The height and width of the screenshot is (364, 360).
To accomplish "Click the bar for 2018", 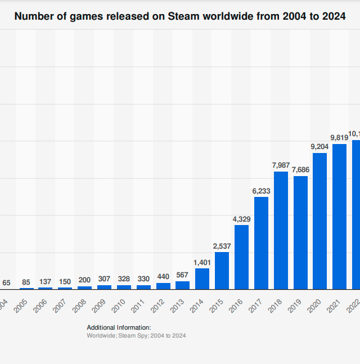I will pos(281,230).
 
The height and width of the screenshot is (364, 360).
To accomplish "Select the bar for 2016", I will pos(241,257).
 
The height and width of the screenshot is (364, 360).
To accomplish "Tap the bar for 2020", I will pos(319,221).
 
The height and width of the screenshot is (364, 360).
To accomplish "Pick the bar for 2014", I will pos(202,278).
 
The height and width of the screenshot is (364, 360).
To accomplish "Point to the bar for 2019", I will pos(300,232).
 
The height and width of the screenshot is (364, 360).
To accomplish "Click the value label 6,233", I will pos(261,191).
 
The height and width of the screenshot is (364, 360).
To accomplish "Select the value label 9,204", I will pos(319,147).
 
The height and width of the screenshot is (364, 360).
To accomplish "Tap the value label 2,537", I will pos(222,246).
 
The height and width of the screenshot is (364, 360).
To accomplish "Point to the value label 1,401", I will pos(202,262).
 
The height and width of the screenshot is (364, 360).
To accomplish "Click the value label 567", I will pos(182,275).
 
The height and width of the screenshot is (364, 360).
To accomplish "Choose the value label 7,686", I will pos(300,169).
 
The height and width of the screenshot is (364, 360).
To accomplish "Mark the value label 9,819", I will pos(339,138).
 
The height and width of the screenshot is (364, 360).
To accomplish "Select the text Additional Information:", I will pos(119,327).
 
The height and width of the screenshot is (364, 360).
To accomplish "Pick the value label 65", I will pos(6,283).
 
